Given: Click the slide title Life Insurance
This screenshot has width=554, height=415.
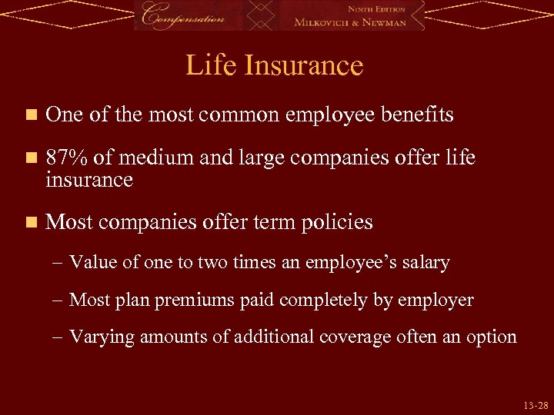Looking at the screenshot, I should click(x=274, y=65).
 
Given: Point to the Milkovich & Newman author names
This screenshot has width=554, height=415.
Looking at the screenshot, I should click(x=359, y=22).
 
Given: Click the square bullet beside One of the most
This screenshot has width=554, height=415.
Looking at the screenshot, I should click(x=30, y=116).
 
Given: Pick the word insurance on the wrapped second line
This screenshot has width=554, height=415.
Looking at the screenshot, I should click(x=89, y=180).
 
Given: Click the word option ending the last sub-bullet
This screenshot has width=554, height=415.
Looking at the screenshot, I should click(x=492, y=337).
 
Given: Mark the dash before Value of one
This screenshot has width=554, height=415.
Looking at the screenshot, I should click(x=59, y=263).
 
